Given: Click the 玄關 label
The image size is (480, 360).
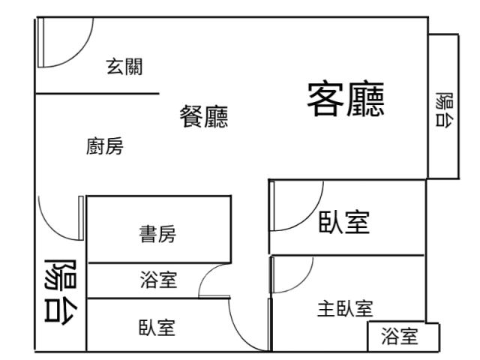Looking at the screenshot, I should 125,67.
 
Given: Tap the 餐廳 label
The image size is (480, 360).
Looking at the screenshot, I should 204,117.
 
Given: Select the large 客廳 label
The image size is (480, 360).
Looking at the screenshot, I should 346,100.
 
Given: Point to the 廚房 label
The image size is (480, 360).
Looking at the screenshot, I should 105,147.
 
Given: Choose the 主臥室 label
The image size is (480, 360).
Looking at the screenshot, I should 345,308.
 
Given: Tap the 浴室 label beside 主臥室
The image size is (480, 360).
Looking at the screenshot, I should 400,337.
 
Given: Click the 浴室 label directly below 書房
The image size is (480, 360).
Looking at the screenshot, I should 158,280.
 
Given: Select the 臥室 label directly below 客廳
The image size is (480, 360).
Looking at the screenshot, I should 344,223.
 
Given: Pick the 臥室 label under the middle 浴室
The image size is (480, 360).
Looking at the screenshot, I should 157,327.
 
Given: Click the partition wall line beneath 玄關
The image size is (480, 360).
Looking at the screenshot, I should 97,94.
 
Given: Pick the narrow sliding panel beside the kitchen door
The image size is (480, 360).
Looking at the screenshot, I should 80,217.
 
